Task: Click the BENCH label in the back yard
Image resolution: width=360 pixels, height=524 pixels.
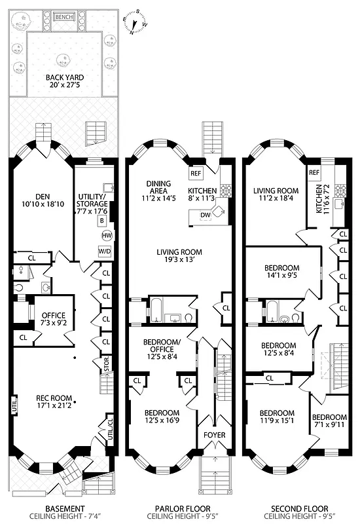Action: pyautogui.click(x=63, y=16)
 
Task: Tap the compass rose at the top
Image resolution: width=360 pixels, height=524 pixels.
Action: pyautogui.click(x=137, y=20)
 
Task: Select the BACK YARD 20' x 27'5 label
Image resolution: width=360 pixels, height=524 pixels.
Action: pyautogui.click(x=65, y=81)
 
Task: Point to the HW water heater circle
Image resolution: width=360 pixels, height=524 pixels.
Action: pyautogui.click(x=105, y=236)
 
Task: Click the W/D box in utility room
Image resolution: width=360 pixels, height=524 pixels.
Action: pyautogui.click(x=105, y=251)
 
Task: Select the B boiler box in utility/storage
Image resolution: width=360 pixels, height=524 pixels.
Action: pyautogui.click(x=102, y=220)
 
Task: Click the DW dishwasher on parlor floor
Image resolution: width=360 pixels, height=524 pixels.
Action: pyautogui.click(x=204, y=215)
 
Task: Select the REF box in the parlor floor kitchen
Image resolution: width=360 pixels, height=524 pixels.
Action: pyautogui.click(x=196, y=174)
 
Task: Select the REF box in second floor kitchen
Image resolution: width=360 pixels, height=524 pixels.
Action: pyautogui.click(x=314, y=172)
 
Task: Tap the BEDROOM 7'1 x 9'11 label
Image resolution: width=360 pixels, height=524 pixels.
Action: pyautogui.click(x=329, y=421)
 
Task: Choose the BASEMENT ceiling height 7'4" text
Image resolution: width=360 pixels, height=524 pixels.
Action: pyautogui.click(x=64, y=517)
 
